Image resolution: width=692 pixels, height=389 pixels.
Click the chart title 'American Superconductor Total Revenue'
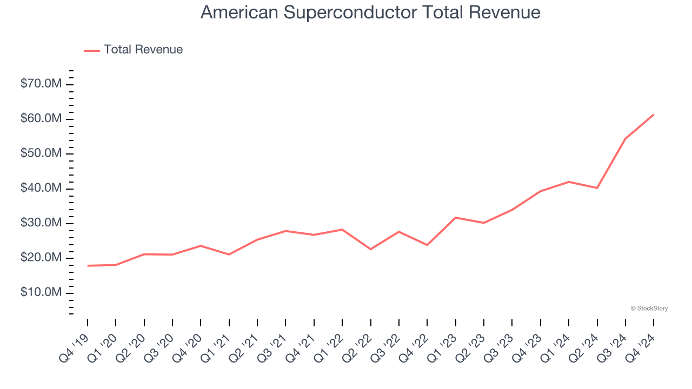coord(370,12)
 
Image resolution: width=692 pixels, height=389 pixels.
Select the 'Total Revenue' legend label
coord(143,50)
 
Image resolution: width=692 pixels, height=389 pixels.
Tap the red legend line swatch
coord(92,50)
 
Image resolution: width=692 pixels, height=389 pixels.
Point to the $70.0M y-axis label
coord(41,84)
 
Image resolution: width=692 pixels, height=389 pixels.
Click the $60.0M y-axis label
coord(41,119)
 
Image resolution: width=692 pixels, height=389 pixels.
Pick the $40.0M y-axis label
coord(41,189)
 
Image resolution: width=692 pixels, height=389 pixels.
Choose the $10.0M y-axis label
coord(41,293)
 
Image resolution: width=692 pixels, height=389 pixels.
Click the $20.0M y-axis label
coord(41,258)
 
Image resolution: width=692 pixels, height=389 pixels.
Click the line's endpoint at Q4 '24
coord(654,115)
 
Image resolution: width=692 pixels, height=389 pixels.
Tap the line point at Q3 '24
coord(626,139)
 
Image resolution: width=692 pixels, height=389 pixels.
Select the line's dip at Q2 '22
coord(370,249)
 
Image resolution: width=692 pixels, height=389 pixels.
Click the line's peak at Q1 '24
coord(569,182)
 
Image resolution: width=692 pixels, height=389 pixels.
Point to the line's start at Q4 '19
coord(88,266)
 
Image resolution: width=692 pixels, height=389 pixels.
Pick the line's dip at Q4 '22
coord(427,245)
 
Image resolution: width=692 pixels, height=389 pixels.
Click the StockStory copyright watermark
coord(649,308)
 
